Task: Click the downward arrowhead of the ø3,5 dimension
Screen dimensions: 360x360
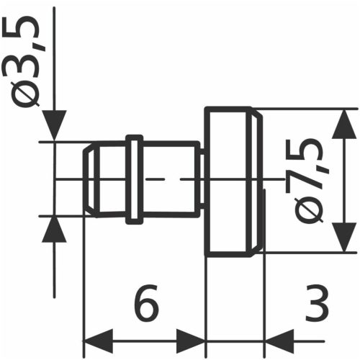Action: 54,126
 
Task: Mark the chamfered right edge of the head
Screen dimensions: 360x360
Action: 256,180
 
